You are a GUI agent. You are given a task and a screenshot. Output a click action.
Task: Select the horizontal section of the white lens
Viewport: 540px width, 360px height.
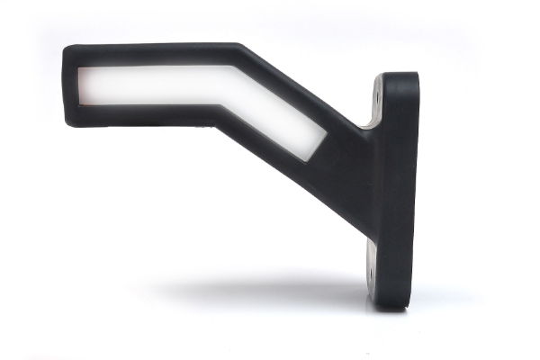(144, 85)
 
